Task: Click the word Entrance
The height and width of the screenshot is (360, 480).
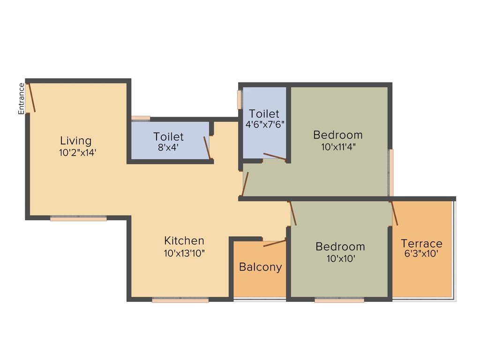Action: (x=21, y=98)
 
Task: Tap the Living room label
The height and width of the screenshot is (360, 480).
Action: (x=76, y=141)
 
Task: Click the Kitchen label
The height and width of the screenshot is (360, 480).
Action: (x=184, y=241)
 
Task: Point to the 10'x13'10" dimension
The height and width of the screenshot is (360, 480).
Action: (x=184, y=253)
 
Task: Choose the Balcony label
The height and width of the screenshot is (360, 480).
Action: (x=261, y=267)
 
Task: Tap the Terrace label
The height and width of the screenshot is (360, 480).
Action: (x=421, y=244)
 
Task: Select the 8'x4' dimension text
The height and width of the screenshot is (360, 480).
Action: (x=168, y=148)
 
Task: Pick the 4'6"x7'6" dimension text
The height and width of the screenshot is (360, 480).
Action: (x=265, y=125)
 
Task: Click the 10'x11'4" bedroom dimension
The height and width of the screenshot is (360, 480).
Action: (x=338, y=147)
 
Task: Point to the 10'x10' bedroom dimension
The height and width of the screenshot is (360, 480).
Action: (x=340, y=258)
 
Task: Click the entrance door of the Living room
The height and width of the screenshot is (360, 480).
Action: (x=31, y=97)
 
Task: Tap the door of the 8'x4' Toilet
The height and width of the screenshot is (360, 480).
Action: (x=207, y=148)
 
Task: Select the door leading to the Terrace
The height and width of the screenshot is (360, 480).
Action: (x=394, y=213)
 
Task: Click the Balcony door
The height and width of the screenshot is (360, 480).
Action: (x=275, y=242)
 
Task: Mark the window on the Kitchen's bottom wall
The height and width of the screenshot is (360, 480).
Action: (x=180, y=300)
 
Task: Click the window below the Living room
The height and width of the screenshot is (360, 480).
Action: (x=78, y=218)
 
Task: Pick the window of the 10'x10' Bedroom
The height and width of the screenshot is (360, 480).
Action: (x=339, y=300)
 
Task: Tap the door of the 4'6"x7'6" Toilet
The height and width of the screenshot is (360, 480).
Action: (x=275, y=157)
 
